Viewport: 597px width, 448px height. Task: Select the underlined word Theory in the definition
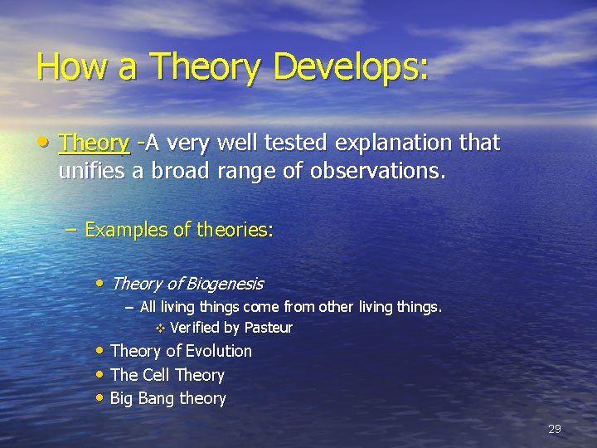tap(94, 144)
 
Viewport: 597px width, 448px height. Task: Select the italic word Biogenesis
tap(225, 284)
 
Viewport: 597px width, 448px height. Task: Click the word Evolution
tap(219, 351)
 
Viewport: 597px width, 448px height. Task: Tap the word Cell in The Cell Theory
tap(156, 375)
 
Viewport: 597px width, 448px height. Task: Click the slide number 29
tap(555, 429)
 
